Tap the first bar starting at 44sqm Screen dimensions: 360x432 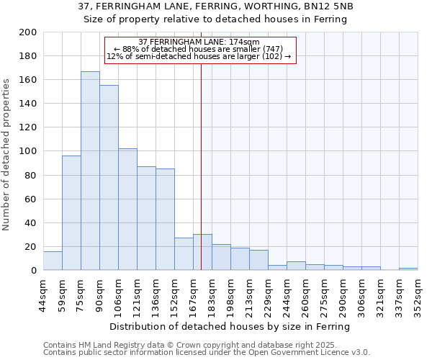[x=53, y=261]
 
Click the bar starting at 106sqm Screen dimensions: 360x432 [x=127, y=209]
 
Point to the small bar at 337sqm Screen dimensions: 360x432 [x=408, y=269]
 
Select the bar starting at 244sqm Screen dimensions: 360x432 [x=296, y=266]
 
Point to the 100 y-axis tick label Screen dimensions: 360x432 [x=28, y=151]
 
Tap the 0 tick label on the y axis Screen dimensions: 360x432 [x=34, y=271]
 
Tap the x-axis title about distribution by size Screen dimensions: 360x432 [x=230, y=327]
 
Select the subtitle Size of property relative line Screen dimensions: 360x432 [x=215, y=19]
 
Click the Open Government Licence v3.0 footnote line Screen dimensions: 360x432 [x=207, y=353]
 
